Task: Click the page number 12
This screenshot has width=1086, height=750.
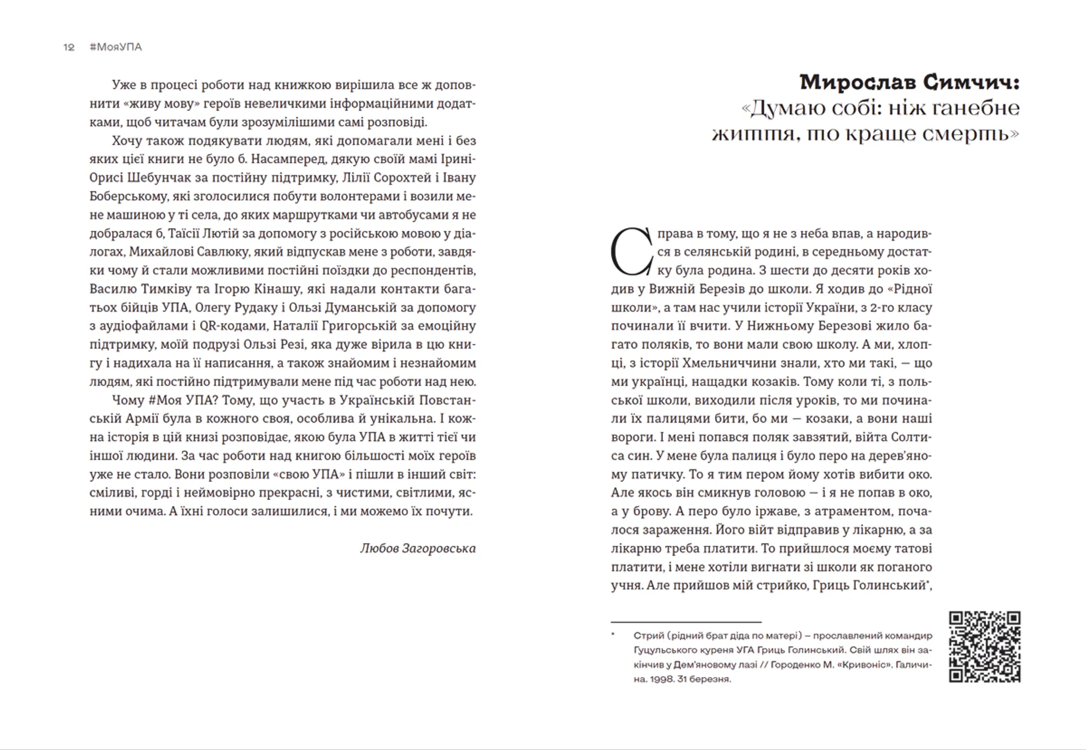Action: [68, 48]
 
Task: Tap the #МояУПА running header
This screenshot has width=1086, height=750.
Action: [115, 48]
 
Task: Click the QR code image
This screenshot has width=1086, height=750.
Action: [984, 646]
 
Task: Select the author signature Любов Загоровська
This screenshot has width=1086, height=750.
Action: [417, 548]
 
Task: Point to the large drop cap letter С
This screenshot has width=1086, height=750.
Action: [632, 252]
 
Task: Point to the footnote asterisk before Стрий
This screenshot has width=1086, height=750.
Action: [613, 635]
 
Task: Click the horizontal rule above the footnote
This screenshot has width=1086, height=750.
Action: [686, 622]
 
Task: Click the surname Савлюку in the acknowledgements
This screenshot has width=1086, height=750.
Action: [225, 252]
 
